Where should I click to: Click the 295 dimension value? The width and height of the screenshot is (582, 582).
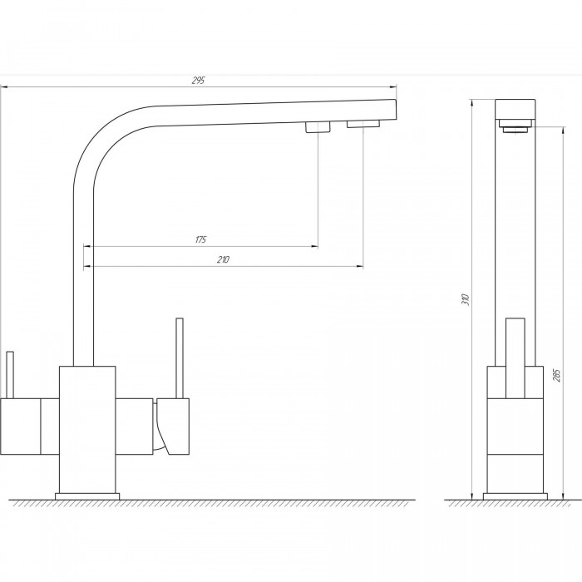(198, 80)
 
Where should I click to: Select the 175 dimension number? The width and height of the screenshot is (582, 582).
(200, 239)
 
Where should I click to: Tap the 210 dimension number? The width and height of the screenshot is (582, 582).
(223, 259)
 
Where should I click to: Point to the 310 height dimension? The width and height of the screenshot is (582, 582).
(466, 299)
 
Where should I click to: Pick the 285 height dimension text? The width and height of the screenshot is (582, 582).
(557, 376)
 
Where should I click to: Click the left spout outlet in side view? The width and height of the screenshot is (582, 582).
(318, 127)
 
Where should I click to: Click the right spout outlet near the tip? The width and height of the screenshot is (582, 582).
(363, 124)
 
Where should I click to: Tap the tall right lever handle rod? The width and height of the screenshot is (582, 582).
(180, 358)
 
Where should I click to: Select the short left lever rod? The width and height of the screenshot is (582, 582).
(10, 375)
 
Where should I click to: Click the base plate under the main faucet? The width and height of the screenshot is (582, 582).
(87, 496)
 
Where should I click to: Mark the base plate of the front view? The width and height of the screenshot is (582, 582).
(515, 496)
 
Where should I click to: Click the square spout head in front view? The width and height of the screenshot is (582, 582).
(515, 109)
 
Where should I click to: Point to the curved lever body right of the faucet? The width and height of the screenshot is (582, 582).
(172, 426)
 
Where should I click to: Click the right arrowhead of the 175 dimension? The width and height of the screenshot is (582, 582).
(314, 246)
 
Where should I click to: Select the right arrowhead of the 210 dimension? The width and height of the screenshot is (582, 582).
(360, 266)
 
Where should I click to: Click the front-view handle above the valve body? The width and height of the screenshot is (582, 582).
(515, 358)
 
